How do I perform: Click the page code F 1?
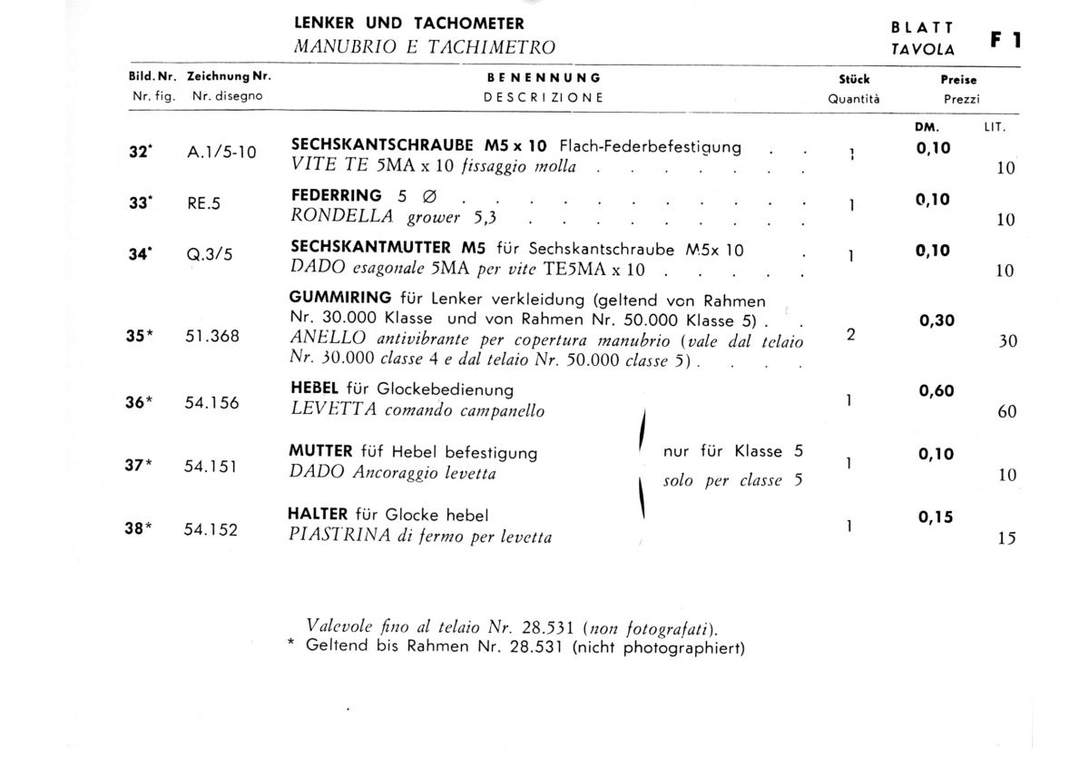tap(1006, 40)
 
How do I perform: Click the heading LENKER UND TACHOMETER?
tap(408, 24)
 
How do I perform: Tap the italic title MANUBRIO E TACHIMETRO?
tap(424, 47)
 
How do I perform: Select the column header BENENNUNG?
tap(544, 79)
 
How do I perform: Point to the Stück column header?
tap(854, 79)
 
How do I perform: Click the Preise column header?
tap(958, 79)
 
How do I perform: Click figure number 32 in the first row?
tap(139, 153)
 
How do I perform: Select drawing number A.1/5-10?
tap(221, 153)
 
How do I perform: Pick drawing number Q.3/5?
tap(210, 255)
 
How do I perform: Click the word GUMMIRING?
tap(340, 298)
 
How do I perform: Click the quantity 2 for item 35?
tap(850, 334)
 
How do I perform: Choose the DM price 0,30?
tap(936, 320)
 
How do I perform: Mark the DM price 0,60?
tap(936, 391)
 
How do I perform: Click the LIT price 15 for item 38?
tap(1006, 537)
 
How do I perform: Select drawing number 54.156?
tap(212, 402)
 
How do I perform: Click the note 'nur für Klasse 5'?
tap(732, 451)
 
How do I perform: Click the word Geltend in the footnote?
tap(338, 647)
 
